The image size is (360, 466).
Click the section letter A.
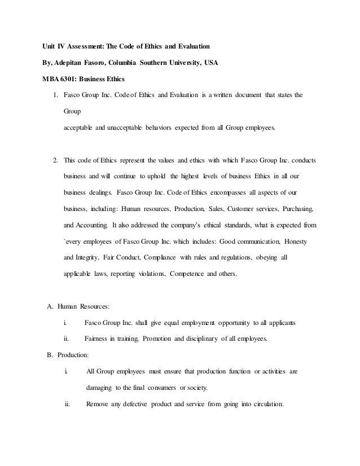(x=49, y=306)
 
